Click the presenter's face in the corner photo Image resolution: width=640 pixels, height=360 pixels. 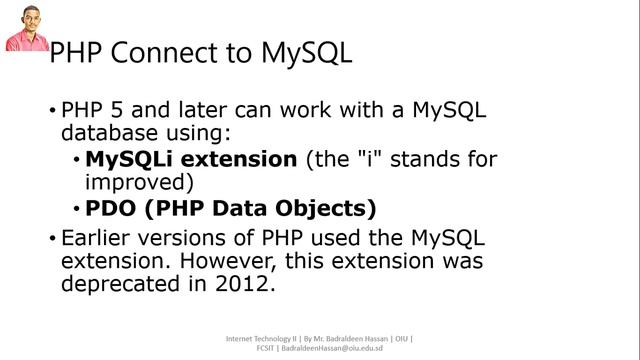pyautogui.click(x=25, y=19)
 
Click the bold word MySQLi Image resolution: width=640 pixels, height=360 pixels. pyautogui.click(x=122, y=159)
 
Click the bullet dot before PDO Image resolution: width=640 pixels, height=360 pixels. pyautogui.click(x=77, y=210)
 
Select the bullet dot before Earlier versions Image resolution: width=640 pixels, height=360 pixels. pyautogui.click(x=53, y=239)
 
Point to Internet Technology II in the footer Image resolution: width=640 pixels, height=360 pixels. pyautogui.click(x=260, y=338)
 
